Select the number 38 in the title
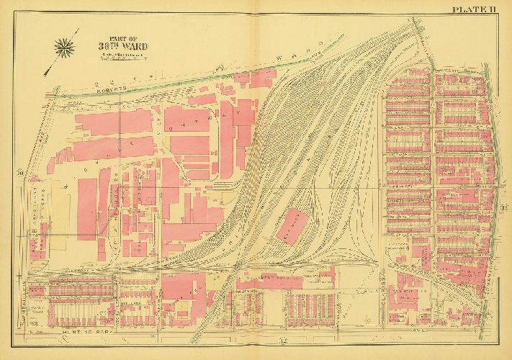[x=107, y=46]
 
